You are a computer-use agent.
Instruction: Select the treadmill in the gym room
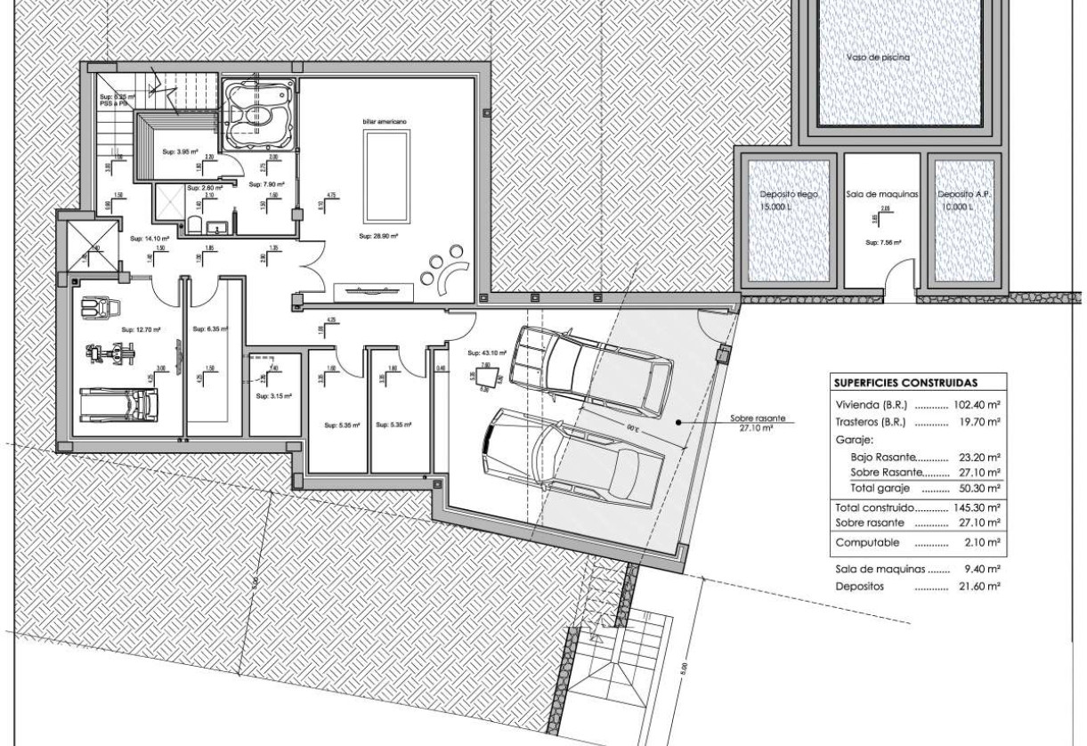coord(118,404)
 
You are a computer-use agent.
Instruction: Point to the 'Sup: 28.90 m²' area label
coord(376,237)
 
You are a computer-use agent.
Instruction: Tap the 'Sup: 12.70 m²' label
coord(141,329)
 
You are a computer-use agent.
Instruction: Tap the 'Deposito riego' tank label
coord(789,193)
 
